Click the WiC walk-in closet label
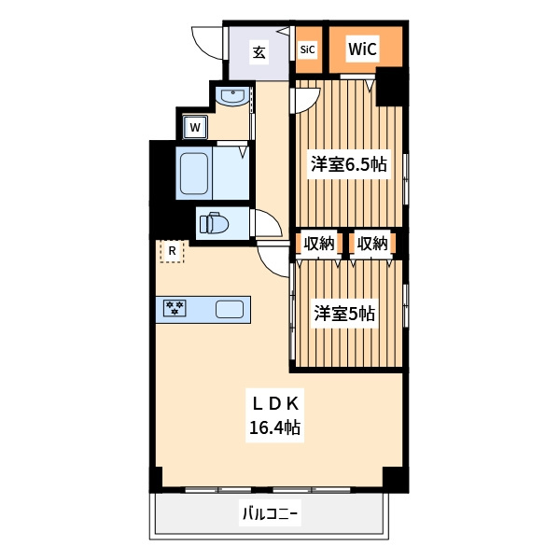[x=362, y=49]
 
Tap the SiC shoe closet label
[x=307, y=49]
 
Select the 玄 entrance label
[x=259, y=52]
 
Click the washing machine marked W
[x=195, y=127]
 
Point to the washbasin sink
[x=232, y=96]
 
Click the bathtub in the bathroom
[x=194, y=174]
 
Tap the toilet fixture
[x=214, y=223]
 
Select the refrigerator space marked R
[x=172, y=251]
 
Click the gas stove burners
[x=175, y=308]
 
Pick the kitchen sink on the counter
[x=230, y=309]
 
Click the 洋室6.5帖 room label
[x=348, y=165]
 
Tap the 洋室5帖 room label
[x=344, y=313]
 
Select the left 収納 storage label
[x=319, y=244]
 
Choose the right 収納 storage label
[x=372, y=244]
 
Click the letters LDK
[x=275, y=404]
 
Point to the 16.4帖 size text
[x=274, y=427]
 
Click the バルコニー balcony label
[x=270, y=514]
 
